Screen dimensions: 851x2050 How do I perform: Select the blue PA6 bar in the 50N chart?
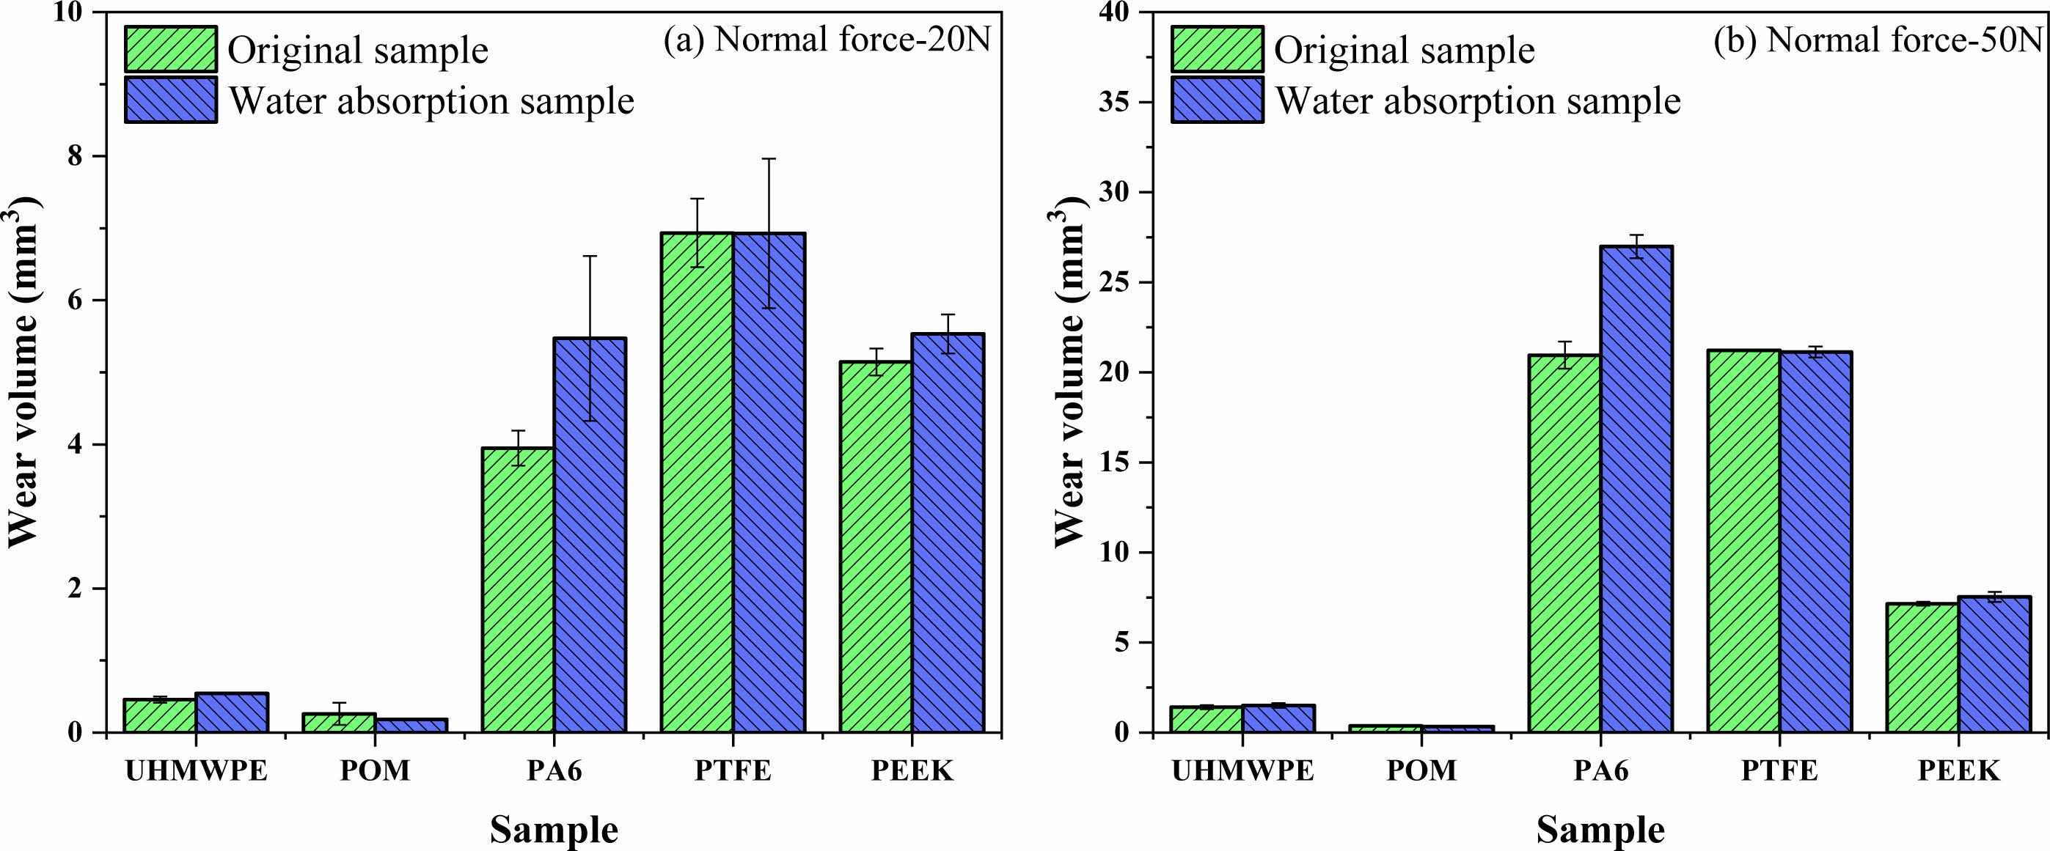coord(1637,489)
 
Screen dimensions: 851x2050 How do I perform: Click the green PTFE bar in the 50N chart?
coord(1743,541)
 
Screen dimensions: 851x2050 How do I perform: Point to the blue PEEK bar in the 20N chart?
coord(948,533)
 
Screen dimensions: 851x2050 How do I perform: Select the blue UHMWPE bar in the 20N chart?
coord(232,712)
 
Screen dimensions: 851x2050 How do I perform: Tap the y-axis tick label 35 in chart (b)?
coord(1114,103)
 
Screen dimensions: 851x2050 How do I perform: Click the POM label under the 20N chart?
coord(375,770)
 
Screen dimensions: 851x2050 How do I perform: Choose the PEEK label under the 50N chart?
coord(1958,770)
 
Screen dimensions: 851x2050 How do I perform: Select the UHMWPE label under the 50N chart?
coord(1242,770)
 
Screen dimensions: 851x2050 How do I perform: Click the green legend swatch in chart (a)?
coord(170,49)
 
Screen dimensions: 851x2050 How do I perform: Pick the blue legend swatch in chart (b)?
coord(1217,100)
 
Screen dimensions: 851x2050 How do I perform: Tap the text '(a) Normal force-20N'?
coord(827,40)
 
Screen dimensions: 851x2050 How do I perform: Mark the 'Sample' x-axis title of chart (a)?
coord(554,830)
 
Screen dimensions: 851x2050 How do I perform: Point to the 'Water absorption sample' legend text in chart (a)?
coord(431,101)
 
